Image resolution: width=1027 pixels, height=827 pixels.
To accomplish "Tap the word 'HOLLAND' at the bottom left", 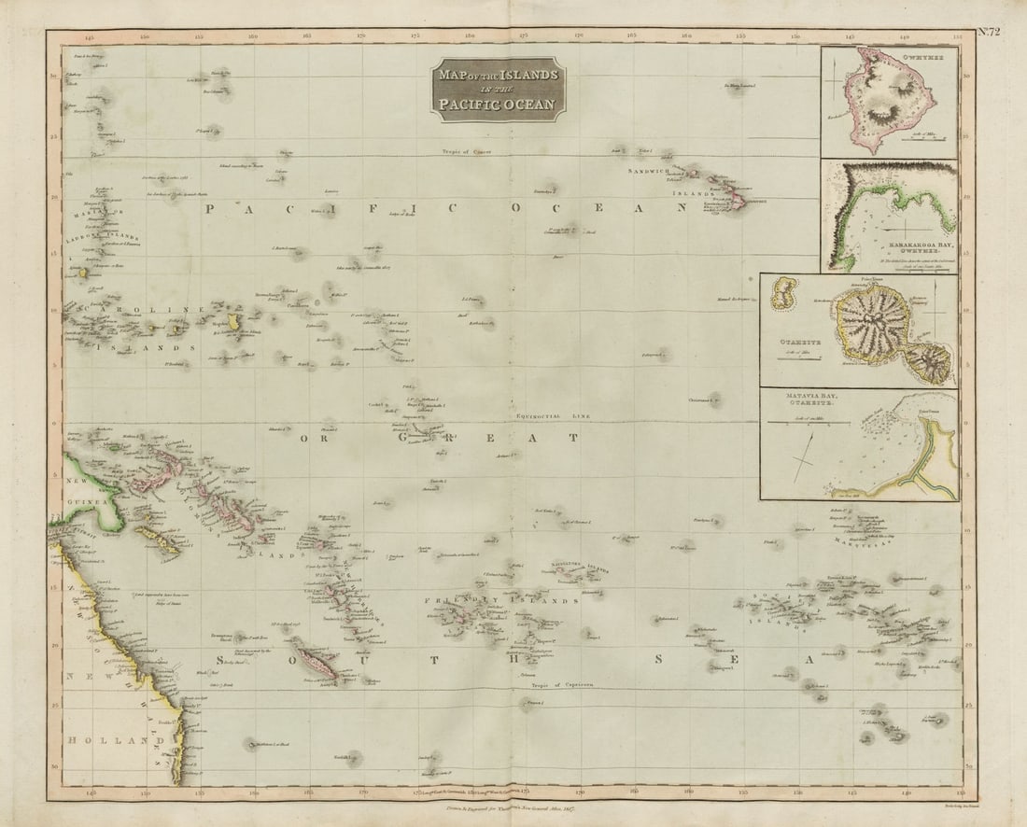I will coord(106,741).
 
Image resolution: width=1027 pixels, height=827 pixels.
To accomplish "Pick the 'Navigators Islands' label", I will coord(578,566).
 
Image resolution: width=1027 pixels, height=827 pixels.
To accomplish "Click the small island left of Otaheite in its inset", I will coord(782,294).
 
